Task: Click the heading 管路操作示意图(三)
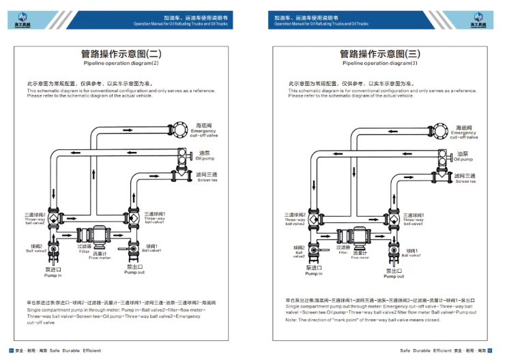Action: tap(380, 53)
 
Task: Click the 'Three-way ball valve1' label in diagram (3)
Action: tap(413, 220)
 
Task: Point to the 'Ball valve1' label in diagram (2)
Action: tap(151, 249)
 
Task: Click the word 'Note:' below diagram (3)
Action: tap(291, 320)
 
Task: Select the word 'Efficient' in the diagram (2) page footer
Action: tap(89, 350)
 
